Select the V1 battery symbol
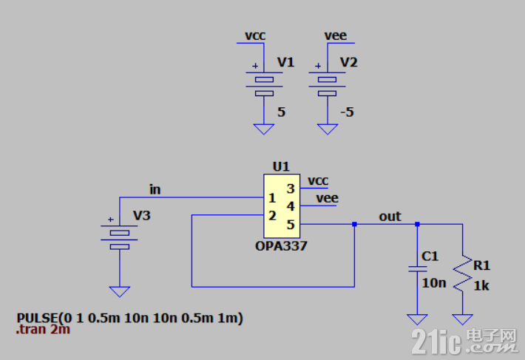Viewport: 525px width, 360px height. click(264, 84)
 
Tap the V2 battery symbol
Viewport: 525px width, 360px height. click(327, 84)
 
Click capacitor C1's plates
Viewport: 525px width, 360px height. click(417, 268)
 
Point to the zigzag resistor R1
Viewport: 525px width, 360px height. click(463, 274)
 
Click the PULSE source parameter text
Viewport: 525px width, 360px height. click(129, 318)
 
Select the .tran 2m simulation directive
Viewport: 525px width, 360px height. click(43, 330)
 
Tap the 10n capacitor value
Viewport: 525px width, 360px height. click(434, 283)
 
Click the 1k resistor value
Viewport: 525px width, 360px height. click(481, 286)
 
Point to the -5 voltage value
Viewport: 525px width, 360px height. click(348, 112)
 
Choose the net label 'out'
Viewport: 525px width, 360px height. click(390, 217)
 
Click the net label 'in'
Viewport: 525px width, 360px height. click(155, 190)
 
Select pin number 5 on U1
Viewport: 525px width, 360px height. click(291, 225)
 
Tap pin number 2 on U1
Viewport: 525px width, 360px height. click(272, 216)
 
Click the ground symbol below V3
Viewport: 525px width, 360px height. click(120, 292)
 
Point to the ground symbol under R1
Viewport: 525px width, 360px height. click(463, 319)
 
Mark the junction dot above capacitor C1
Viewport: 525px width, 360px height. click(417, 224)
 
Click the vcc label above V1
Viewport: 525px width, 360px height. click(255, 35)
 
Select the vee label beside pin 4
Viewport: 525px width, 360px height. click(327, 198)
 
